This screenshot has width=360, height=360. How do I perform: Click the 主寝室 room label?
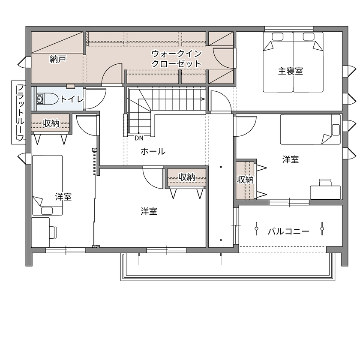click(x=290, y=71)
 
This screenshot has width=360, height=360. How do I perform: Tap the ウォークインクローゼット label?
click(x=176, y=59)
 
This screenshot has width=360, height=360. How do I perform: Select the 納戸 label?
click(x=57, y=60)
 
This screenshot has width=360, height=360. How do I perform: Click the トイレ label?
click(x=72, y=99)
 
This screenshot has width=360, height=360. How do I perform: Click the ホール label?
click(x=153, y=151)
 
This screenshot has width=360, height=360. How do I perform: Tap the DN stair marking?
click(x=139, y=138)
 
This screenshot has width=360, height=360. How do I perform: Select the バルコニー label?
click(x=288, y=231)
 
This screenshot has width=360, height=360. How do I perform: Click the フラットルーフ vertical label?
click(x=20, y=113)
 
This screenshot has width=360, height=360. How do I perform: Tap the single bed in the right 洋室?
click(x=310, y=129)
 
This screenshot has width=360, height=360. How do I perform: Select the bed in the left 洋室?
click(x=48, y=184)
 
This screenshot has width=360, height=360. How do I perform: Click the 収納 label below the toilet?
click(x=51, y=123)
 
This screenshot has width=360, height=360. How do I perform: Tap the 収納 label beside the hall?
click(x=187, y=177)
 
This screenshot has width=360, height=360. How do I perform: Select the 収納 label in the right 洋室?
click(x=246, y=180)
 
